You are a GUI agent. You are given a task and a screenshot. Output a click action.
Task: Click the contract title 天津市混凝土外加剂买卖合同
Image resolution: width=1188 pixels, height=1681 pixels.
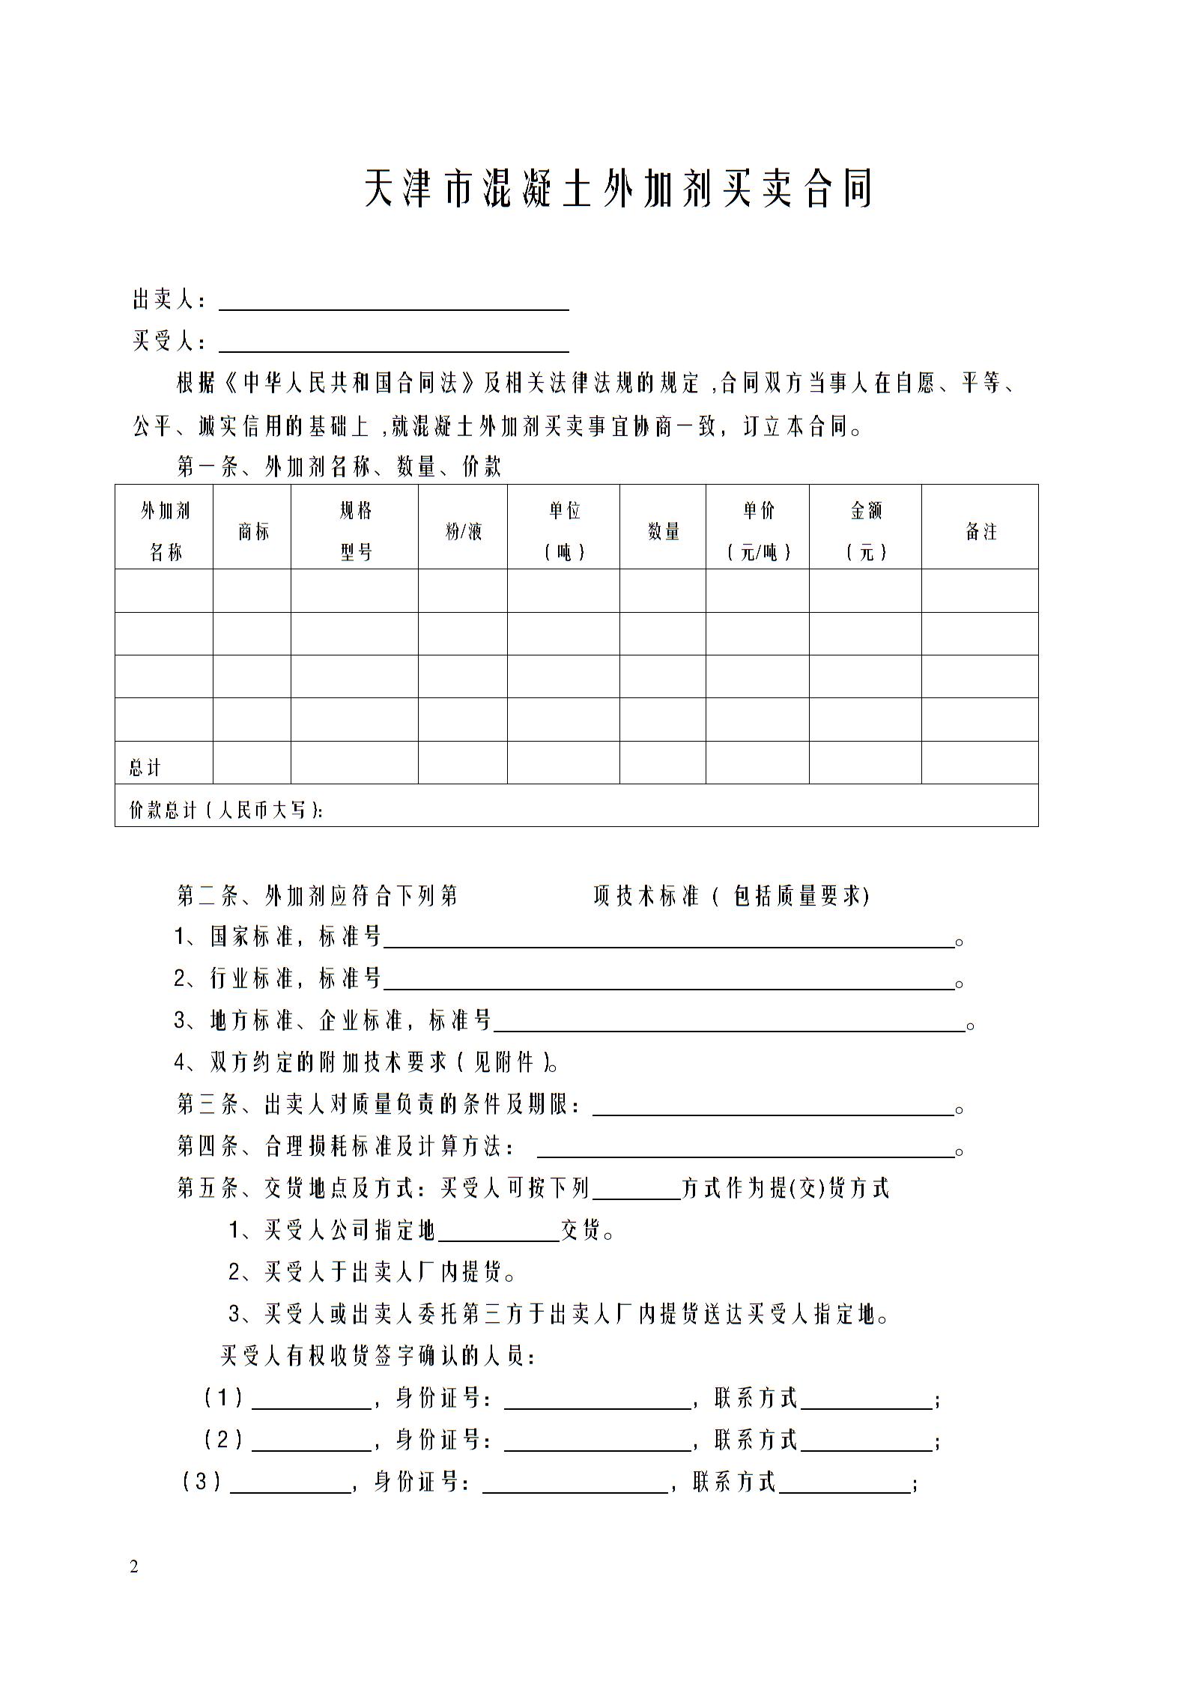619,189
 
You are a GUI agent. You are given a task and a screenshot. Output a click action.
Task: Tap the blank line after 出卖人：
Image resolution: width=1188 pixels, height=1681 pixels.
393,301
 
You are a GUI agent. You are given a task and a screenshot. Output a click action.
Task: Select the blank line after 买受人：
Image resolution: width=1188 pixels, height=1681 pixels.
393,343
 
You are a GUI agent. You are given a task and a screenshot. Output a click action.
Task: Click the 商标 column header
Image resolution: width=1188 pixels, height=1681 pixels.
252,532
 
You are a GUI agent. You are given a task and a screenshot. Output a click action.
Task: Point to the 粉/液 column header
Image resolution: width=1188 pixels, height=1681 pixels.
463,532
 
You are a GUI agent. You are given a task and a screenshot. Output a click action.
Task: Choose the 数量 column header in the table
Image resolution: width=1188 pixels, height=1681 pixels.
663,532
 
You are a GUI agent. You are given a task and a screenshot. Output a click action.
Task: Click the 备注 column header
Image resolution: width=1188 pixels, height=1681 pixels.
980,532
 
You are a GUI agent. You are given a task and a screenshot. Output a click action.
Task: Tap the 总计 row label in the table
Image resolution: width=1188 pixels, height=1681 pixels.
145,767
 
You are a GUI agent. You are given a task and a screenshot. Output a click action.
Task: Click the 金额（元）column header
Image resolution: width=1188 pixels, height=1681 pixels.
866,531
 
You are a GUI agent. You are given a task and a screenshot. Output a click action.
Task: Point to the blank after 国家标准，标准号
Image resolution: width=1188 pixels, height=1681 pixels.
668,939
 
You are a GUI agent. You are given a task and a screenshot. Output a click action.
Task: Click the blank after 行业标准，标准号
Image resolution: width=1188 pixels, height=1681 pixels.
668,981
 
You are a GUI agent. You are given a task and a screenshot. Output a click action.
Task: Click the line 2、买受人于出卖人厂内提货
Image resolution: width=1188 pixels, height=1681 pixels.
372,1272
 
